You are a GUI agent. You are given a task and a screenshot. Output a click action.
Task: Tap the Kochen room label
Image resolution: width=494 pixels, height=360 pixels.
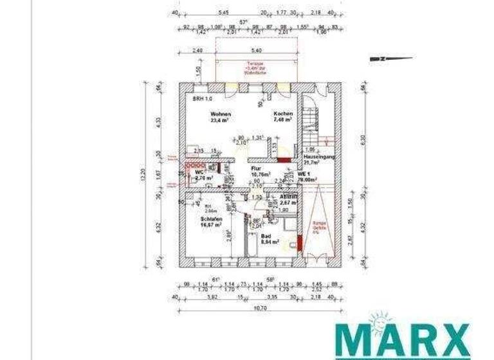click(283, 114)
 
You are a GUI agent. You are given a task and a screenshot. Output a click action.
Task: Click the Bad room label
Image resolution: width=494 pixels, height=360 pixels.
click(265, 237)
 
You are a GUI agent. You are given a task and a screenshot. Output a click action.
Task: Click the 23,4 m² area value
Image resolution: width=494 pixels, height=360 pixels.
click(221, 120)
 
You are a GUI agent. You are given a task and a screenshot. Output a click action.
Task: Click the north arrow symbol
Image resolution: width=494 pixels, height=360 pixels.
click(390, 59)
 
